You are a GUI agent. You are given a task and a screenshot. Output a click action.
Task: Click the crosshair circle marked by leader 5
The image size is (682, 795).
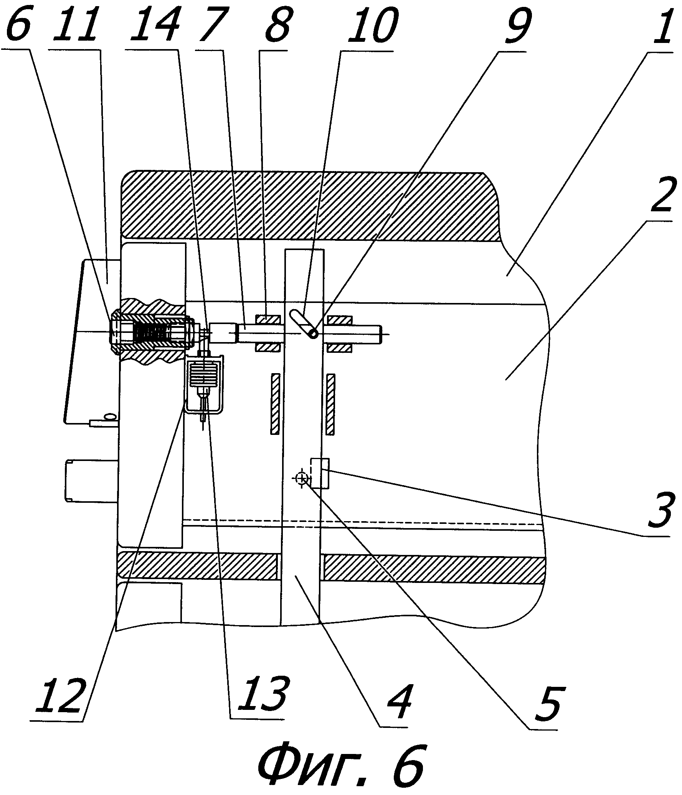coord(301,478)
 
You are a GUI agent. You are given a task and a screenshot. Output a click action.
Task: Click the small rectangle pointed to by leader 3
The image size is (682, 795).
coord(319,473)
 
